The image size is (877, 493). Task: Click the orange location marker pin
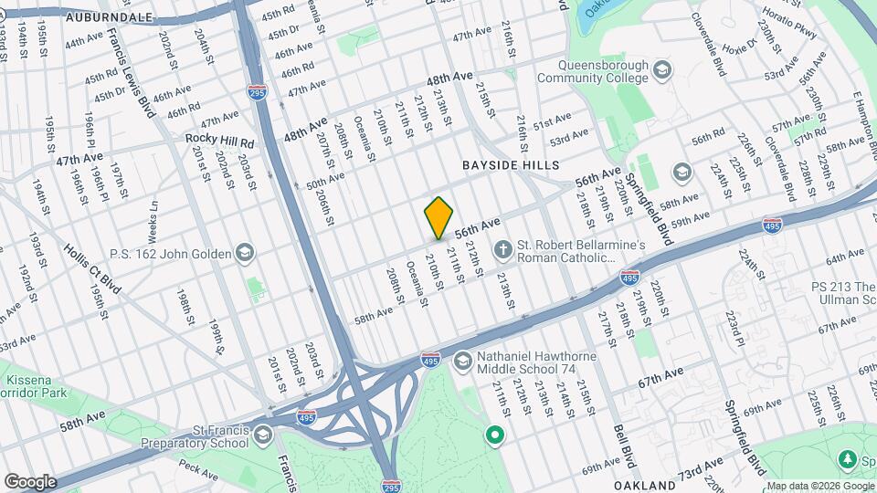[439, 217]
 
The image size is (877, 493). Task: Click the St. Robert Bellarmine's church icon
[502, 249]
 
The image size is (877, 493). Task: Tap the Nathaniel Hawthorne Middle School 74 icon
[462, 362]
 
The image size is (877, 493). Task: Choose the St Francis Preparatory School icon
[264, 435]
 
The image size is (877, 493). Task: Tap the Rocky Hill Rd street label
[219, 139]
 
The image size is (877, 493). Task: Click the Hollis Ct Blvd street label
[92, 263]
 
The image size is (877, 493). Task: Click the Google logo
[30, 482]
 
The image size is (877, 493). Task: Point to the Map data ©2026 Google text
[819, 486]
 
